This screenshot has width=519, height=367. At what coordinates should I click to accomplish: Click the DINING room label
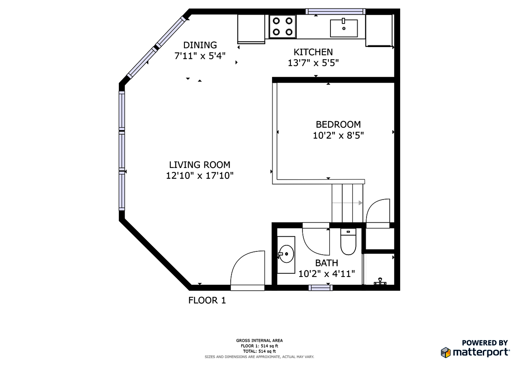pyautogui.click(x=200, y=45)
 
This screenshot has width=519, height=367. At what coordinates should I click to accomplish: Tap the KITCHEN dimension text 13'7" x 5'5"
pyautogui.click(x=313, y=63)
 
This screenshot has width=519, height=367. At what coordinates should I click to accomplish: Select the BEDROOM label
pyautogui.click(x=338, y=124)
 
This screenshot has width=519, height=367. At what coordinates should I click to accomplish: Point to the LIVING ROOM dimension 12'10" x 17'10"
pyautogui.click(x=199, y=176)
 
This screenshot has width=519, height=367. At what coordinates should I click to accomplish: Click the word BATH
pyautogui.click(x=326, y=264)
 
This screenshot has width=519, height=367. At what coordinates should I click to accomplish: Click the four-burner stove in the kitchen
pyautogui.click(x=283, y=26)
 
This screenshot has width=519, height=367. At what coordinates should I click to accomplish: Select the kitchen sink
pyautogui.click(x=343, y=28)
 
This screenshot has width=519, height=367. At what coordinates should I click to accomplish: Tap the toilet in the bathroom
pyautogui.click(x=348, y=243)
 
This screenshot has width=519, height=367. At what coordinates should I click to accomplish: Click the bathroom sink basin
pyautogui.click(x=287, y=254)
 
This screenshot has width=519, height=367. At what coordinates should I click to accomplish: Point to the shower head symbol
pyautogui.click(x=380, y=281)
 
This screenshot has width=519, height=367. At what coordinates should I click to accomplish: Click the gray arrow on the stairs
pyautogui.click(x=353, y=203)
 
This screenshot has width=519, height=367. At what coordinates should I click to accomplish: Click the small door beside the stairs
pyautogui.click(x=378, y=211)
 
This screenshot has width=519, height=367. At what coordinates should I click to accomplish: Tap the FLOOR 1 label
pyautogui.click(x=207, y=300)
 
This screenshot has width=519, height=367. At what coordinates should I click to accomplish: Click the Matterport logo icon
pyautogui.click(x=446, y=352)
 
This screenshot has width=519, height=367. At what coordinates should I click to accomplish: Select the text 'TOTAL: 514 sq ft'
pyautogui.click(x=259, y=351)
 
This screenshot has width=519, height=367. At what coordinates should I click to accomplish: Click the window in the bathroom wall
pyautogui.click(x=320, y=288)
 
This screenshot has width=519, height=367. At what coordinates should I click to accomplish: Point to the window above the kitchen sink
pyautogui.click(x=335, y=11)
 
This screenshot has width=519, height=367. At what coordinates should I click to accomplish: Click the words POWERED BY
pyautogui.click(x=485, y=343)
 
